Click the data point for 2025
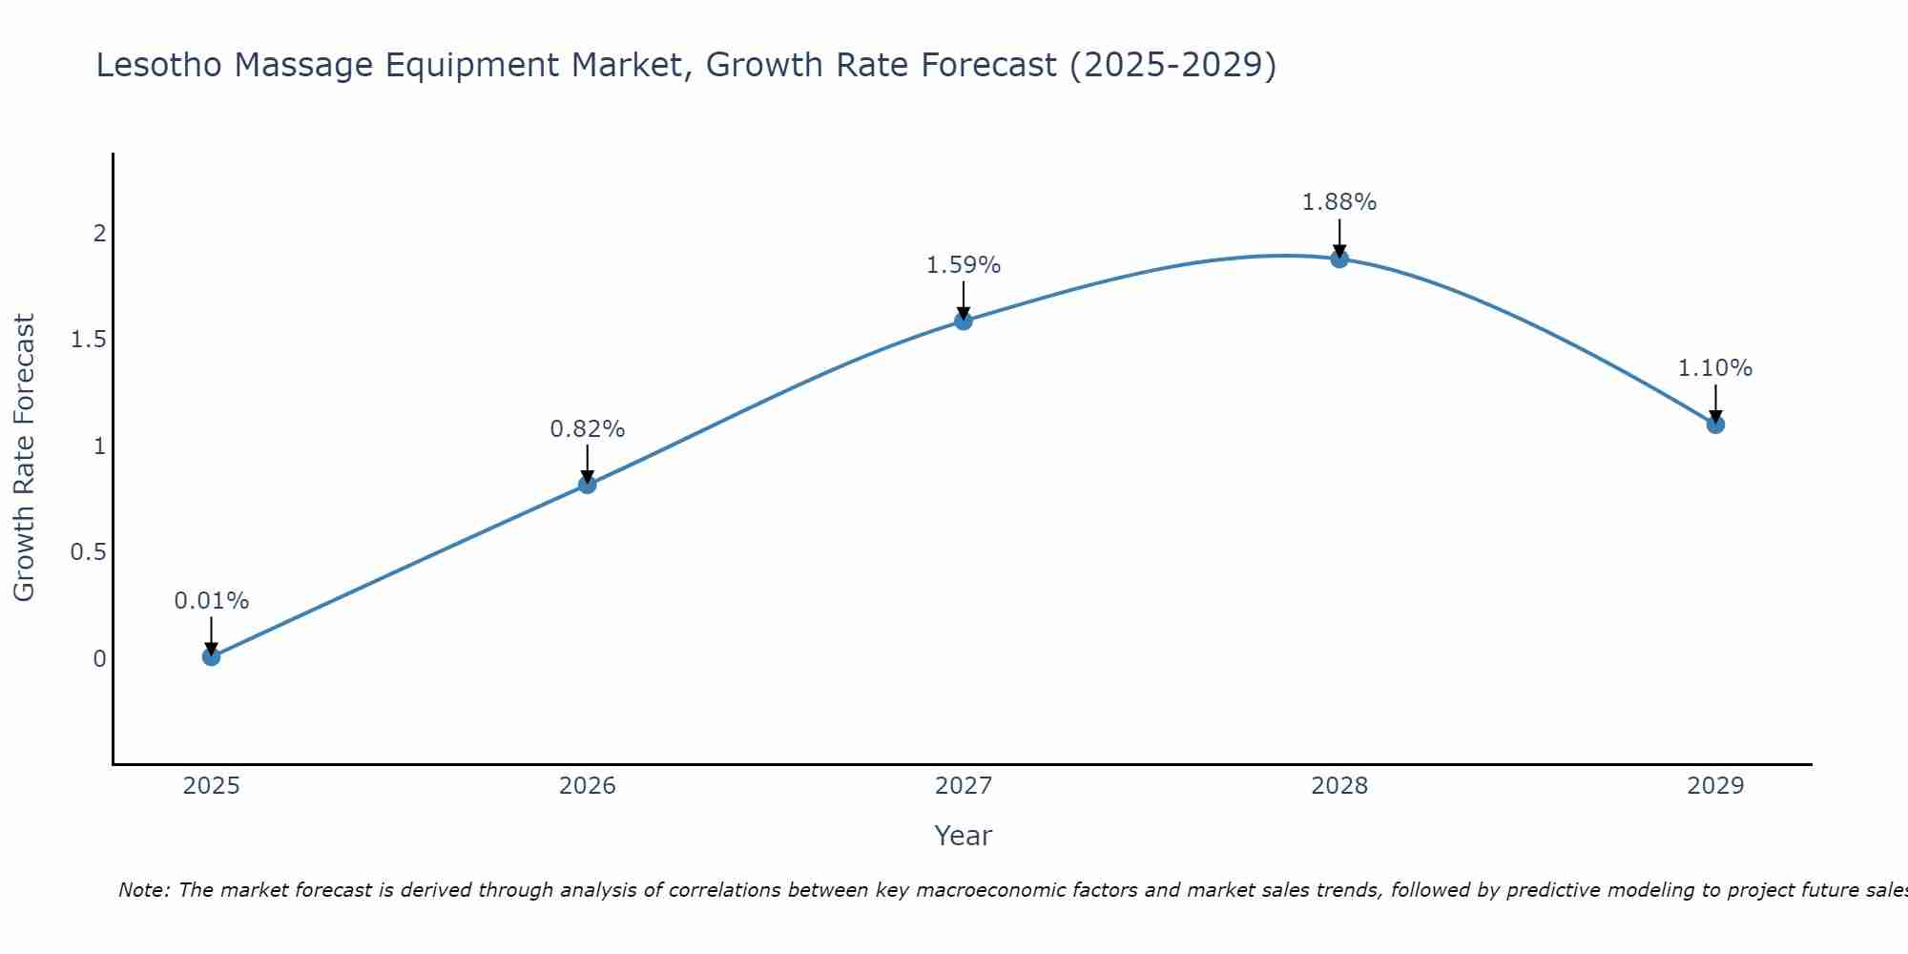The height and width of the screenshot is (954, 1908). pos(211,656)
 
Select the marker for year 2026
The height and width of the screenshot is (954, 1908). pos(587,485)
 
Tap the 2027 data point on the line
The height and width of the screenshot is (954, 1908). pos(963,321)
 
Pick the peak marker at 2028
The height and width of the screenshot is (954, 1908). pos(1338,259)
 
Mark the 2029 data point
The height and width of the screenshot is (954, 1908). pos(1714,425)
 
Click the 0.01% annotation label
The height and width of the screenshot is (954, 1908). pos(211,601)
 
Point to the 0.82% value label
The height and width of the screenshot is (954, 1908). pos(587,429)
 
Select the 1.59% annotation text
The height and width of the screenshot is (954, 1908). pos(963,265)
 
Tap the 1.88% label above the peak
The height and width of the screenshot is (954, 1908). pos(1338,202)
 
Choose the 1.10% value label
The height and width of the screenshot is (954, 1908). pos(1714,368)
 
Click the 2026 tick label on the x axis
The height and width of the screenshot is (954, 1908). pos(587,786)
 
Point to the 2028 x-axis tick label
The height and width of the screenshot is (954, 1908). pos(1338,786)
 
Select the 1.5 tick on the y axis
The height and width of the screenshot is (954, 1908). pos(88,340)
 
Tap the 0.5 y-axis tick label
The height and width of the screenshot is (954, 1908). pos(88,552)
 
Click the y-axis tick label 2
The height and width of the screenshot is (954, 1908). pos(99,234)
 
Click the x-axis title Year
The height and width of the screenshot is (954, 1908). pos(963,836)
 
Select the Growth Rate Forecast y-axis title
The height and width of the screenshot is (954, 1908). pos(24,458)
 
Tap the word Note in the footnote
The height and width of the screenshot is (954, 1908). pos(143,890)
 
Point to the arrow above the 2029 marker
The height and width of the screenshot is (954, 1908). pos(1714,401)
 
